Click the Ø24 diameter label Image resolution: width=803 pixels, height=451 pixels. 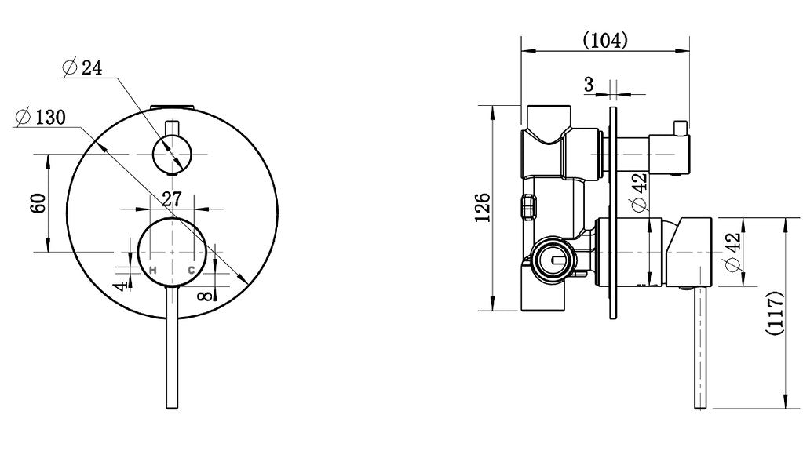82,67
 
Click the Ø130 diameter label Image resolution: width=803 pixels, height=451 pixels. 41,117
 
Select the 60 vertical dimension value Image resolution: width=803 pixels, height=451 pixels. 38,203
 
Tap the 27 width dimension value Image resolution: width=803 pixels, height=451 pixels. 172,199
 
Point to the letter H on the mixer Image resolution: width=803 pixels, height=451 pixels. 152,270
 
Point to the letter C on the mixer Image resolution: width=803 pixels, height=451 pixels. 191,270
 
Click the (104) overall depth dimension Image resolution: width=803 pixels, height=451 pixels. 605,39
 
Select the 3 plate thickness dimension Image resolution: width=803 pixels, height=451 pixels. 589,84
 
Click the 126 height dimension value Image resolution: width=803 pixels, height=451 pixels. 483,207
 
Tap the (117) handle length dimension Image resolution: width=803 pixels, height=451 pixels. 776,313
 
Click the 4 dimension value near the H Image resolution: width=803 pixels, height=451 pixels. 121,286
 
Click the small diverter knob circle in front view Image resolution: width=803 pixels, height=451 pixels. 172,154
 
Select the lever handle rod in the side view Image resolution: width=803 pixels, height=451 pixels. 700,347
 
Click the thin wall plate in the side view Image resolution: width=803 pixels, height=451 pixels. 613,213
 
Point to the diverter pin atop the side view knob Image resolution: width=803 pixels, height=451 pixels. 681,128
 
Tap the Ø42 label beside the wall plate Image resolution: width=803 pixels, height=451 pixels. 640,192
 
